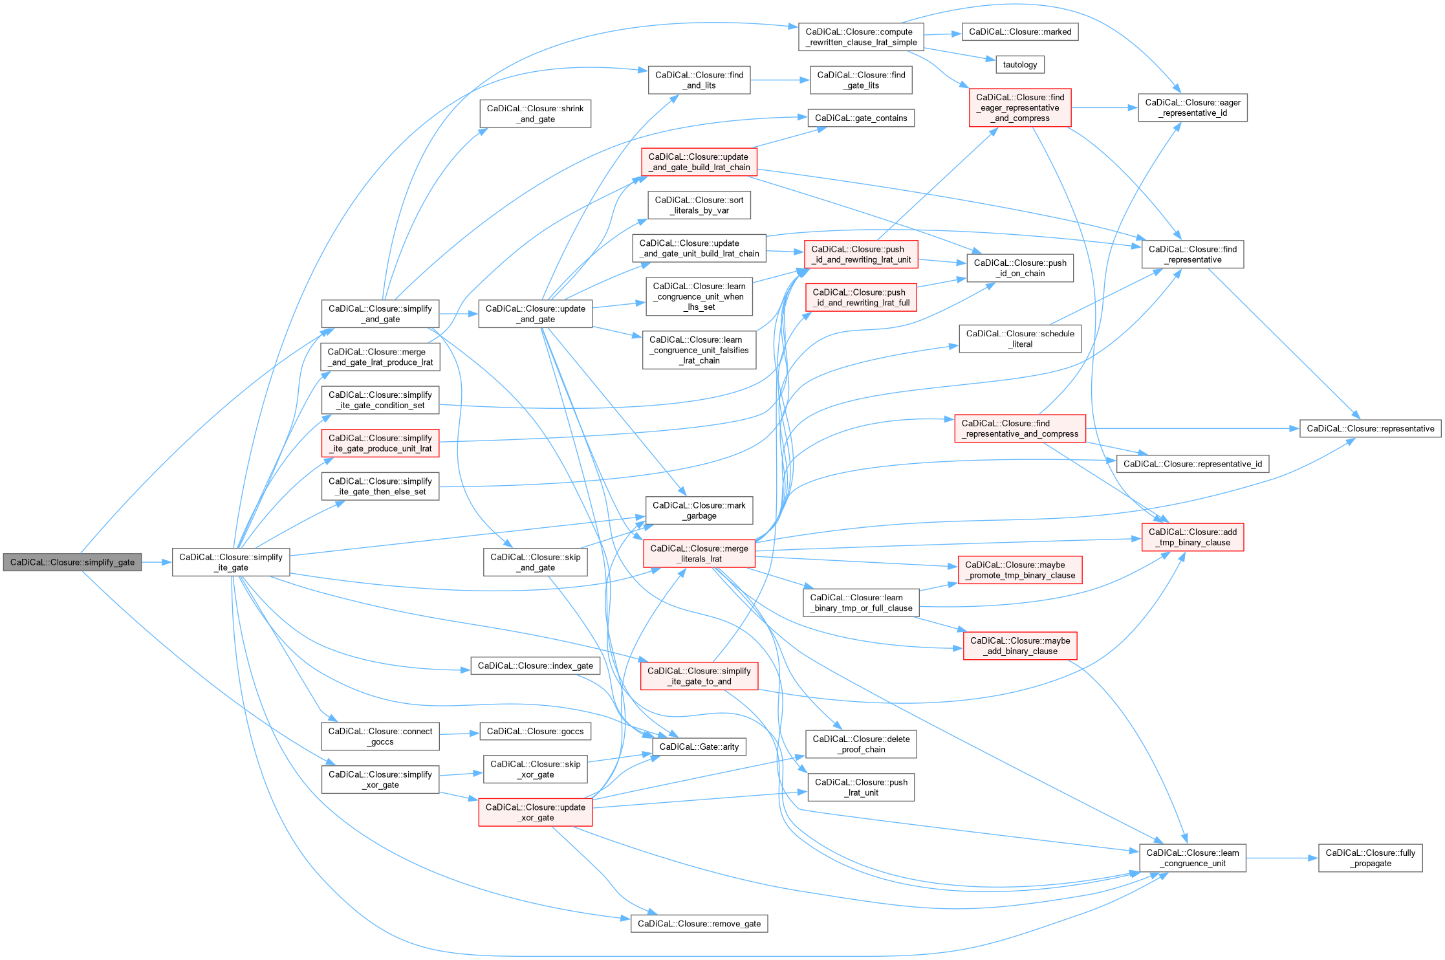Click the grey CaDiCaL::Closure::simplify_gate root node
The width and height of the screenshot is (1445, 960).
pyautogui.click(x=72, y=562)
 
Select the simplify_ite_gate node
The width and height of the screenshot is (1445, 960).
pyautogui.click(x=231, y=562)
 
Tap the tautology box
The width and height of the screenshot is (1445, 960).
pyautogui.click(x=1019, y=65)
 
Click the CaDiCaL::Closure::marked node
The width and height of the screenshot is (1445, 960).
pyautogui.click(x=1020, y=32)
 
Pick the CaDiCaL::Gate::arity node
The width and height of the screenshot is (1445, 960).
pyautogui.click(x=699, y=747)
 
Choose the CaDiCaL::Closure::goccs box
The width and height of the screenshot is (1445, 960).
pyautogui.click(x=535, y=731)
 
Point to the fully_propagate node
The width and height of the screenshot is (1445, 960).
pyautogui.click(x=1370, y=858)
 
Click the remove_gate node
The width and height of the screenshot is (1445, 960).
pyautogui.click(x=699, y=923)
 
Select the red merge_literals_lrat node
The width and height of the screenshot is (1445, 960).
pyautogui.click(x=699, y=554)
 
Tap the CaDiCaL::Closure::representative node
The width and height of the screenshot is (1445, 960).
pyautogui.click(x=1370, y=428)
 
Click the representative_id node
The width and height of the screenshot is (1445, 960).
pyautogui.click(x=1192, y=464)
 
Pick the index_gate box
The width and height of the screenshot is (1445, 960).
pyautogui.click(x=535, y=666)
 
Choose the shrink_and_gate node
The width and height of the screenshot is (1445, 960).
pyautogui.click(x=535, y=114)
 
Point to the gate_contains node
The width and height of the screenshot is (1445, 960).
pyautogui.click(x=860, y=118)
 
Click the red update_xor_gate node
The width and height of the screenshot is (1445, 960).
pyautogui.click(x=535, y=813)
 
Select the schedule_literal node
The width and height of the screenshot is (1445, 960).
pyautogui.click(x=1019, y=339)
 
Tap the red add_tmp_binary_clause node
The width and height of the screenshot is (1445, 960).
pyautogui.click(x=1192, y=538)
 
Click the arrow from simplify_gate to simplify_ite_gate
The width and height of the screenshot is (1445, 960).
pyautogui.click(x=157, y=562)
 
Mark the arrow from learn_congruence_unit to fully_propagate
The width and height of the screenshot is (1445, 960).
pyautogui.click(x=1282, y=858)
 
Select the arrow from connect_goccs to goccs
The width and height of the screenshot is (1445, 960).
pyautogui.click(x=459, y=734)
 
